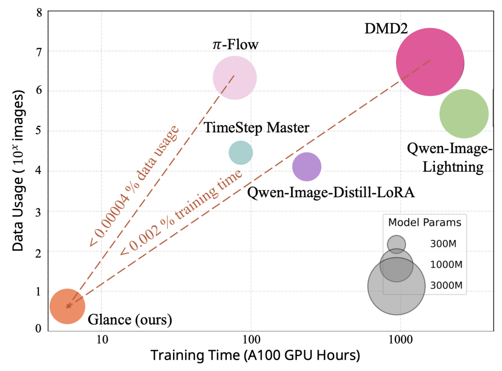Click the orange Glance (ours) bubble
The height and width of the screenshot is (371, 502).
tap(67, 306)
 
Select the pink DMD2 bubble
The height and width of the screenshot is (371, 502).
tap(429, 62)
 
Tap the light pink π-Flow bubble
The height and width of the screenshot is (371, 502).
tap(235, 78)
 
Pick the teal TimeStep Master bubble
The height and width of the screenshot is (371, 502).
tap(241, 152)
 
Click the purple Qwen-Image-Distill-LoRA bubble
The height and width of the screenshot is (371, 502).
tap(307, 167)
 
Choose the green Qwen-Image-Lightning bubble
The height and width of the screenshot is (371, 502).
tap(464, 113)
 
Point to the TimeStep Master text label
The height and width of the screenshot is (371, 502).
tap(257, 128)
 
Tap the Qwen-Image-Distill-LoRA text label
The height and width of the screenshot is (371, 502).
tap(331, 192)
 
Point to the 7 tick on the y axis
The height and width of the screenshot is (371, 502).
tap(39, 51)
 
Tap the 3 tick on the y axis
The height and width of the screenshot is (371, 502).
tap(39, 212)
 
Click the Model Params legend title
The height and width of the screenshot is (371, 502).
tap(425, 222)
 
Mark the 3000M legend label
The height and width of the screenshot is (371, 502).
tap(446, 286)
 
